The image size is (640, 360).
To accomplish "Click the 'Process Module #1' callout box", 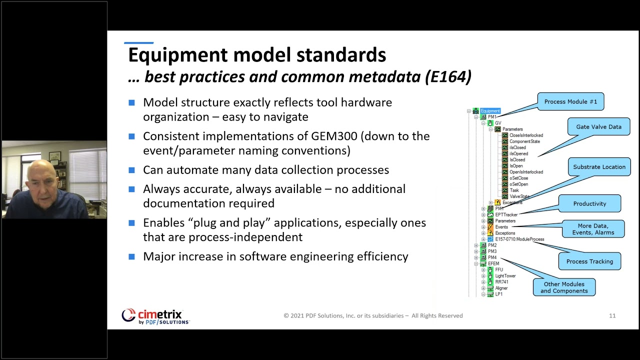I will tap(570, 101).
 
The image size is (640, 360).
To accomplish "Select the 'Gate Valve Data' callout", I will tap(598, 127).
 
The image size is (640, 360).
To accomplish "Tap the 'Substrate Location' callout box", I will tap(599, 167).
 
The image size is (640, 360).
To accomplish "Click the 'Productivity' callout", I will tap(589, 203).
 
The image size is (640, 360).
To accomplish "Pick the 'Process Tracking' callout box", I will tap(589, 261).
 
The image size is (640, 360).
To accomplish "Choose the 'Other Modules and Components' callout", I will tap(564, 287).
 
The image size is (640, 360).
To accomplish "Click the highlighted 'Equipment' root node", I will tap(490, 111).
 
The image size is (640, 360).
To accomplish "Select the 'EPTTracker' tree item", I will tap(506, 214).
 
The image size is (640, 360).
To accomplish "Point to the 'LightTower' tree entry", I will tap(505, 276).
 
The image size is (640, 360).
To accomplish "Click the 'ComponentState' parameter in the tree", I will tap(524, 141).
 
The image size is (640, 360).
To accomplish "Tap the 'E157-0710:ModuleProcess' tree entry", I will tap(519, 239).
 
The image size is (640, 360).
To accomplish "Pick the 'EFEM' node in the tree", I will tap(493, 263).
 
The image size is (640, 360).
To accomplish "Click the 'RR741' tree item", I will tap(501, 282).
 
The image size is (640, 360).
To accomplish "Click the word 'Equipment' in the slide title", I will tap(178, 55).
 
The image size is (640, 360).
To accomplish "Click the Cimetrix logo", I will tap(155, 316).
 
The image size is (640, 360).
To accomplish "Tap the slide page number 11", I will tap(612, 315).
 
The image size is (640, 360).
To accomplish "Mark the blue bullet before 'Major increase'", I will tap(131, 256).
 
